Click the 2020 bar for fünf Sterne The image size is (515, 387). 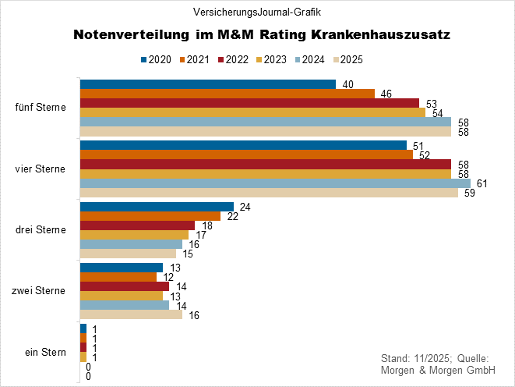(207, 84)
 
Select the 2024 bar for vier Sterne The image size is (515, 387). (274, 184)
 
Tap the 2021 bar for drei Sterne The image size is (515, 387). (150, 216)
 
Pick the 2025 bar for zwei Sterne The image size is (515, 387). (131, 315)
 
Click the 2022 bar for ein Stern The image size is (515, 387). (83, 347)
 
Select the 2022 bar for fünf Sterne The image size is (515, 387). (249, 103)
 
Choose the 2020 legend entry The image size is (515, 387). (157, 59)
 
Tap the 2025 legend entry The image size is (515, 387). (348, 59)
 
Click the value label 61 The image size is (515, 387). (482, 184)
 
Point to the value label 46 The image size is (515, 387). (386, 94)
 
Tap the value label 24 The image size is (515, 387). (245, 207)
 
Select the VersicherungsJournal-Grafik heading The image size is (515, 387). (257, 12)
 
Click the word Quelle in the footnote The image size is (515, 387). (471, 357)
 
